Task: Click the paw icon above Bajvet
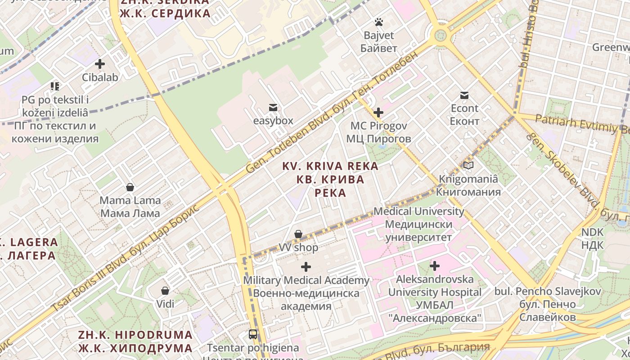coord(379,22)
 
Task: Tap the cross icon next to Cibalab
coord(100,64)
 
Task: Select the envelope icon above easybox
coord(273,108)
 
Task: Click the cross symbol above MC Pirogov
coord(378,112)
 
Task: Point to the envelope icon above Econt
coord(464,95)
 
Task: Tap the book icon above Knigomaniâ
coord(468,166)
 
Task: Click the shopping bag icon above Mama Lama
coord(130,187)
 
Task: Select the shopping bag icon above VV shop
coord(298,234)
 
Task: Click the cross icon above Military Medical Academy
coord(306,267)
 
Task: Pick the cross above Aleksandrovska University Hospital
coord(434,266)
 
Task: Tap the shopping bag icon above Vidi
coord(165,290)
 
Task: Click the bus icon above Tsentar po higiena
coord(253,334)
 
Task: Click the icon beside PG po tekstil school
coord(55,86)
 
